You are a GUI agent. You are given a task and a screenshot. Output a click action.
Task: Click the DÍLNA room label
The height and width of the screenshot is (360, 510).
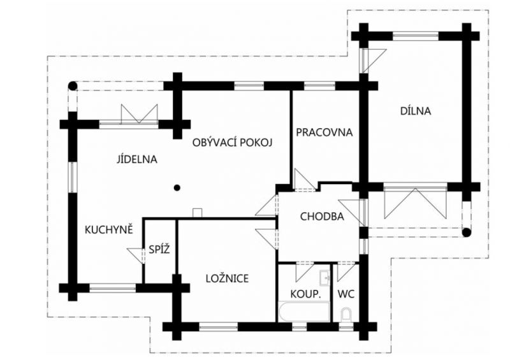(416, 111)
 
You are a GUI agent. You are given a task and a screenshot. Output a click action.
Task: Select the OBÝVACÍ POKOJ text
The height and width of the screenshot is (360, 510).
(233, 143)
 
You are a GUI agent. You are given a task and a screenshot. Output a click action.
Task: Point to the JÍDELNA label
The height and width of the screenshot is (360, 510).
(137, 159)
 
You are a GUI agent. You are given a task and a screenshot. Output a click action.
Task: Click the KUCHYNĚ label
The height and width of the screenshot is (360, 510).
(108, 229)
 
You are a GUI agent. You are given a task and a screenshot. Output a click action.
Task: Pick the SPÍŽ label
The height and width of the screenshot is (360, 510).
(159, 250)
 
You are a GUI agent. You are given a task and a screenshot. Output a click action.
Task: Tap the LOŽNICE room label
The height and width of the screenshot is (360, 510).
(227, 278)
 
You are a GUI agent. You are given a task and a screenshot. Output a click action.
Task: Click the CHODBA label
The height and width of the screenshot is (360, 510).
(322, 217)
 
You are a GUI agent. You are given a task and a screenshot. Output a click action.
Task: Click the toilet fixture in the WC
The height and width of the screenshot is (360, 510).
(347, 315)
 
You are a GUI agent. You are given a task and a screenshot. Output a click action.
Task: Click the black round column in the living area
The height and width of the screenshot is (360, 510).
(178, 187)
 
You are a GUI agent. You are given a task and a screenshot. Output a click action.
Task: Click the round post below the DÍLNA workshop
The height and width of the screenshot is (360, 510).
(466, 232)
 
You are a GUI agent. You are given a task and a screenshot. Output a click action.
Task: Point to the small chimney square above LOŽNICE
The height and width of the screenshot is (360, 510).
(198, 212)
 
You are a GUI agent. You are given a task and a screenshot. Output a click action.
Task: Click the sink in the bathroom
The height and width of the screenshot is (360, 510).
(324, 277)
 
